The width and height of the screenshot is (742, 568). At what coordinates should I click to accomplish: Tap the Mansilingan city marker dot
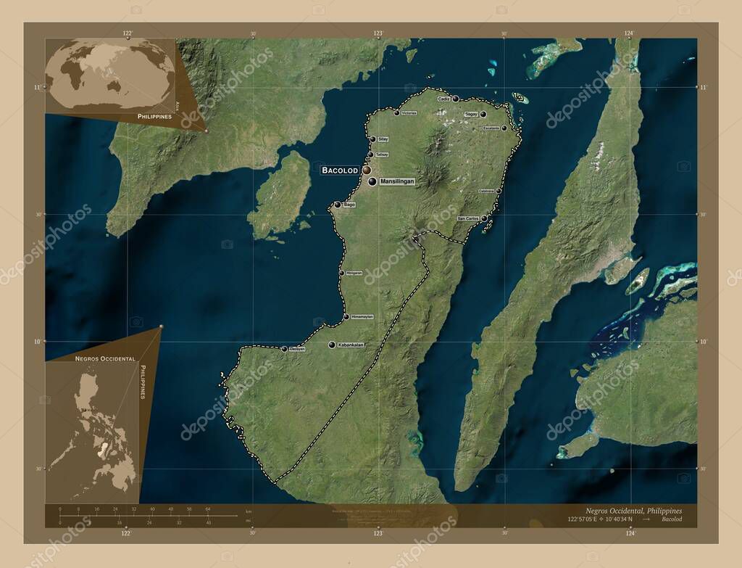372,181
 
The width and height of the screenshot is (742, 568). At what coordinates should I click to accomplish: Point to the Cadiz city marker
456,99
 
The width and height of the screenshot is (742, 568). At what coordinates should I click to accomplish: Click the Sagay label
471,114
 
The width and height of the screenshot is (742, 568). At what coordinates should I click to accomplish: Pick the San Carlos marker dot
484,218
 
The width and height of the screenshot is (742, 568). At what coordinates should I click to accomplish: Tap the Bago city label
349,205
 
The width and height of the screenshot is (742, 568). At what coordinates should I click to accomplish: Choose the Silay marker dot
372,139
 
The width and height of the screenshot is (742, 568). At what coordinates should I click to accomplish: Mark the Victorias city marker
396,112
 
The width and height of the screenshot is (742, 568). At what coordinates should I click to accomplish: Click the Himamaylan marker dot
346,317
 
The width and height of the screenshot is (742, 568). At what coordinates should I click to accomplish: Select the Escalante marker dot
504,128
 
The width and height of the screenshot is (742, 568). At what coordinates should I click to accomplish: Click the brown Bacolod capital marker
367,170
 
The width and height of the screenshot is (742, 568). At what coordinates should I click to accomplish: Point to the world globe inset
109,76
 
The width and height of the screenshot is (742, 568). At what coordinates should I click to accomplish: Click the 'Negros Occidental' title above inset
104,359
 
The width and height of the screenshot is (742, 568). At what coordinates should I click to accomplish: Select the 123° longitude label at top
378,33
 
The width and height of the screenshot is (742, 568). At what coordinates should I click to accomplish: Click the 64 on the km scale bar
207,509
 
